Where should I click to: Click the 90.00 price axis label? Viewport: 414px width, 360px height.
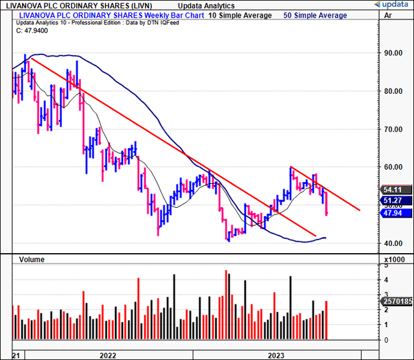[x=392, y=53]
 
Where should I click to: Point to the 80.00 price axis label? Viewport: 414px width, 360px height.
[x=392, y=91]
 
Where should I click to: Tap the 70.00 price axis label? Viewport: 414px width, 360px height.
[x=392, y=129]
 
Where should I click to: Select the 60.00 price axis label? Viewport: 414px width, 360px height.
[x=392, y=167]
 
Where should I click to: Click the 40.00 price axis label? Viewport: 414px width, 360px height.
[x=392, y=243]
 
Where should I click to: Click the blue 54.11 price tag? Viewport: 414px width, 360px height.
[x=393, y=190]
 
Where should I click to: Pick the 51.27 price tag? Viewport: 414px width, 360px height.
[x=393, y=201]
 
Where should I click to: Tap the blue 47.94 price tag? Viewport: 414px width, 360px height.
[x=393, y=213]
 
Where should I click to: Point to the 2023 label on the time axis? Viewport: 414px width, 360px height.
[x=276, y=355]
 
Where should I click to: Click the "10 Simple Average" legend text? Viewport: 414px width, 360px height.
[x=240, y=16]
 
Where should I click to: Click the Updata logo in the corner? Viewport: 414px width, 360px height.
[x=388, y=5]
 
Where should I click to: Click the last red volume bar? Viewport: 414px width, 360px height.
[x=327, y=321]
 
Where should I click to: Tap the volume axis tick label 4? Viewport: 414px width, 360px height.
[x=387, y=280]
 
